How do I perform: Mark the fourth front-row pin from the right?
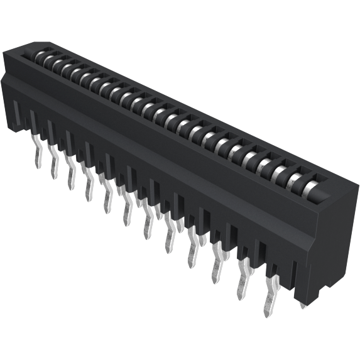point(192,254)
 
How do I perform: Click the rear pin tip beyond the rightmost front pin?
point(303,305)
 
